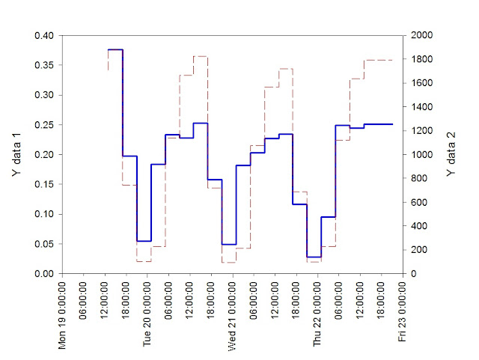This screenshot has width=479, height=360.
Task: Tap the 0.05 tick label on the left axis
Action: pos(46,244)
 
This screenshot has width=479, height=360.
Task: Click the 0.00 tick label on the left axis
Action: pos(46,274)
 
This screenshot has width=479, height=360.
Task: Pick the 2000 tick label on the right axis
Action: pos(421,36)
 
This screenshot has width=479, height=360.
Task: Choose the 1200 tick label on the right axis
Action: pos(421,131)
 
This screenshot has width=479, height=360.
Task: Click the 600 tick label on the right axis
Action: pos(418,202)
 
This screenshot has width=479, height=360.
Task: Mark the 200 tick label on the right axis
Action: pos(418,250)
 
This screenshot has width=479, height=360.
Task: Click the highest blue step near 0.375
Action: pos(115,49)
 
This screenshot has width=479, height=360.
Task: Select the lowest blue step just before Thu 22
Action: pos(314,257)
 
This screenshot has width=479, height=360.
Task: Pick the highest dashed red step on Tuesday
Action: pos(200,56)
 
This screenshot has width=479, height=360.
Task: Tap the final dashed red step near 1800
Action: pos(378,60)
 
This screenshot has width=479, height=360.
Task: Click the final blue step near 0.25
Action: pos(378,124)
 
